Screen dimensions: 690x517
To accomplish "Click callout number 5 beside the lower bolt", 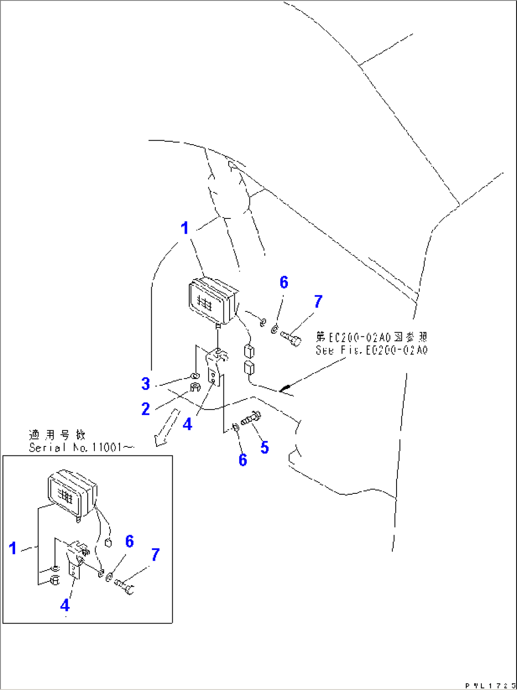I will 264,447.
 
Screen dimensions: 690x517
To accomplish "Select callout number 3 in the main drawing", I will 146,384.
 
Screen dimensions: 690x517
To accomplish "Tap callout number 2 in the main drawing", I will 146,409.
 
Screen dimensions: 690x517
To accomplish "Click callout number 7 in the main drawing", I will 318,301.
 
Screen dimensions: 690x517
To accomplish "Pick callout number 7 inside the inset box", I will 155,554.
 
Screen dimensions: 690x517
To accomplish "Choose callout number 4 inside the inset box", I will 65,605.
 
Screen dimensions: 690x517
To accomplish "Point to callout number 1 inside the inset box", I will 13,548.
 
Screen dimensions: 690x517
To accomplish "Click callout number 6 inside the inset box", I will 129,541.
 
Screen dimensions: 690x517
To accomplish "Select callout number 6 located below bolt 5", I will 242,460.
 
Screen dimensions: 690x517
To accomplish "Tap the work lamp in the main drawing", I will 212,301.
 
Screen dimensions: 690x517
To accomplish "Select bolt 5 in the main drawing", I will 250,419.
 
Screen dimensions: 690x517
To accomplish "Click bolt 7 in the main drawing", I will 291,338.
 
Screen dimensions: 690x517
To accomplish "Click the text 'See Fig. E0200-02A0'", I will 371,351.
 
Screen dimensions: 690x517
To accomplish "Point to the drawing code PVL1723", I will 489,685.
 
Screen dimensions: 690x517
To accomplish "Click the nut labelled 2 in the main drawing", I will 194,388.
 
